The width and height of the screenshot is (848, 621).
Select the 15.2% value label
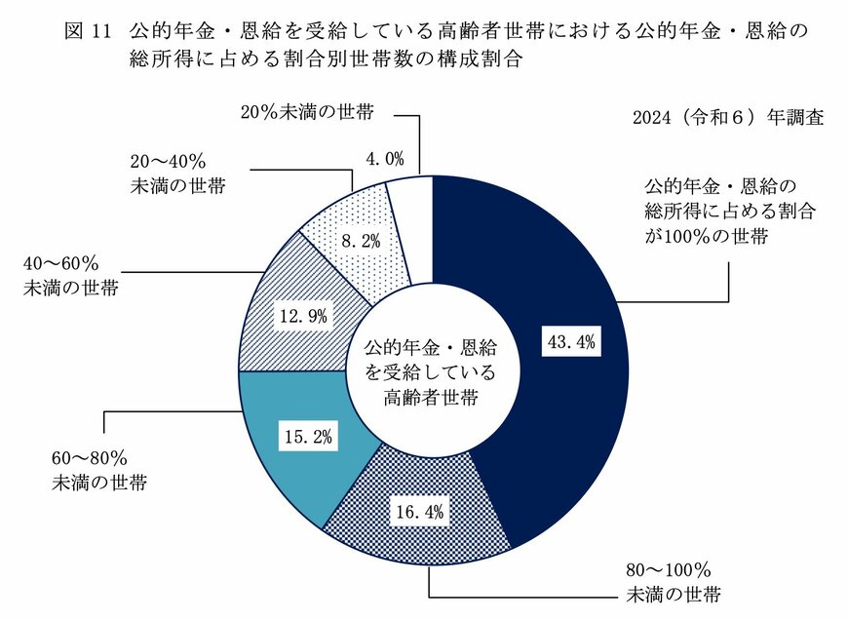(307, 437)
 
